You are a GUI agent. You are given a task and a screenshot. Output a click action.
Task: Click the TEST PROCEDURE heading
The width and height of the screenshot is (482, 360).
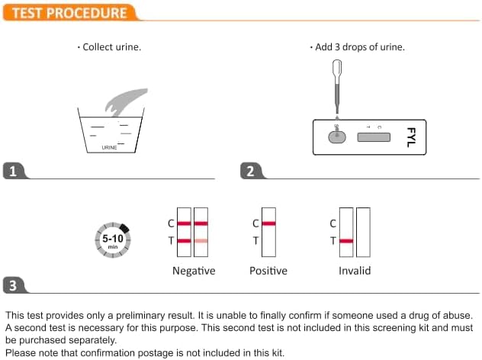67,12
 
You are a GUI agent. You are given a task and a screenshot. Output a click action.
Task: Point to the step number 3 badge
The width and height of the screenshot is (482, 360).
12,285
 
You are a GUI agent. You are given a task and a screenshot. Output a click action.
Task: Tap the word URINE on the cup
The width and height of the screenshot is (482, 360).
110,147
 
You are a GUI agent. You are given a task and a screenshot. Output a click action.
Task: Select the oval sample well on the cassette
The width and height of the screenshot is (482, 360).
336,137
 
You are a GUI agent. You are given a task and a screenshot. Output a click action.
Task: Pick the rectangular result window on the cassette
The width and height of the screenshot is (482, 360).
373,137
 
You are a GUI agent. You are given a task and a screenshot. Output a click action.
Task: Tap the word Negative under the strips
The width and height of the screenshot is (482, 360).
194,271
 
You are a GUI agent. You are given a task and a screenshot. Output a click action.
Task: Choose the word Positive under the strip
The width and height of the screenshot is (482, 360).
268,271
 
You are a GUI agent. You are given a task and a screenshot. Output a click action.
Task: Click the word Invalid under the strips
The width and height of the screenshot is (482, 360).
355,271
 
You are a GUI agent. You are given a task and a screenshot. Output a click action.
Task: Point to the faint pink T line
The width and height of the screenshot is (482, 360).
201,241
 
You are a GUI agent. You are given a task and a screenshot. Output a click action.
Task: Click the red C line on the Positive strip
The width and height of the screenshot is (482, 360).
268,223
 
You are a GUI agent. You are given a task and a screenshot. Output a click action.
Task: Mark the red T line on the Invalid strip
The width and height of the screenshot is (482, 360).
346,241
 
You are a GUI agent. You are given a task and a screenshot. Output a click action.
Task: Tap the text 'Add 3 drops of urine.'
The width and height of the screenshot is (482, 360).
358,47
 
